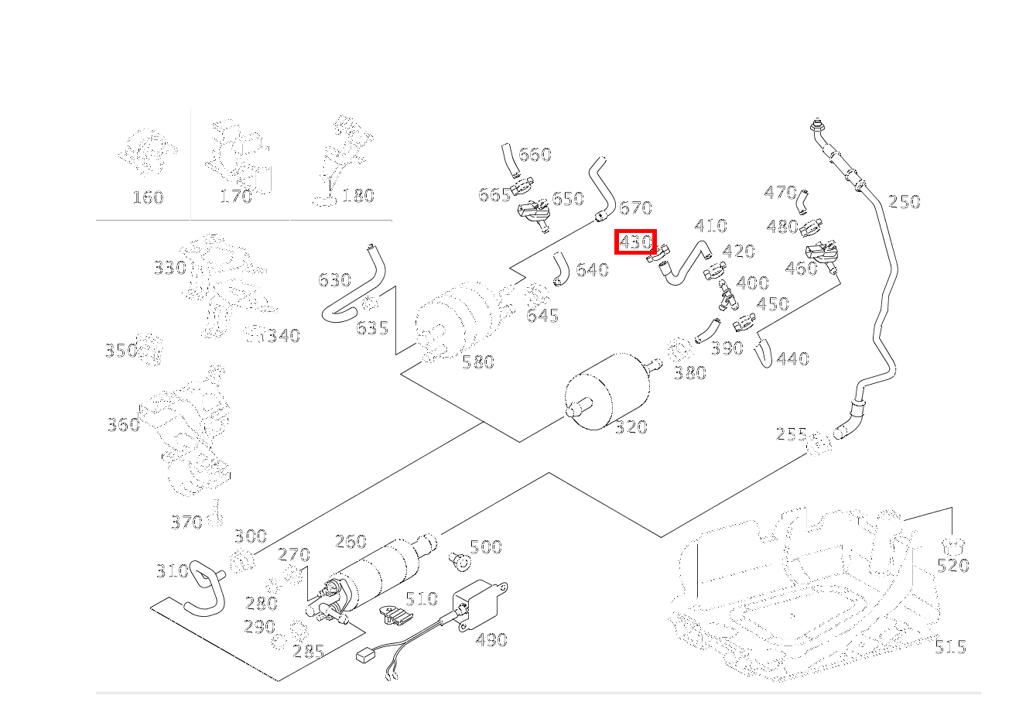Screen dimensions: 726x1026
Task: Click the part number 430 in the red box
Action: pos(635,242)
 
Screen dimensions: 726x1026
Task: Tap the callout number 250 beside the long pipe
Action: pos(904,202)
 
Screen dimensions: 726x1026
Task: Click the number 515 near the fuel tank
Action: pos(949,646)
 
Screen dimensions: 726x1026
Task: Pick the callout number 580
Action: pos(477,361)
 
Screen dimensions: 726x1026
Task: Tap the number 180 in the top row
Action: pos(357,196)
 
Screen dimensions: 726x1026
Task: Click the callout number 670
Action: pos(635,208)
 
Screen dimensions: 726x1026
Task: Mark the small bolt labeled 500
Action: pos(459,559)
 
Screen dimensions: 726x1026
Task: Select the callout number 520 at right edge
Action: pos(952,566)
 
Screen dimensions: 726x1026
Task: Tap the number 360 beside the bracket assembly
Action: pos(123,424)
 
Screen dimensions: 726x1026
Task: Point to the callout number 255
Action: pos(791,434)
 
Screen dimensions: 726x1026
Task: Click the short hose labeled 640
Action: pos(559,269)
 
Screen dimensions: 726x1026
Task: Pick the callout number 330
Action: pos(169,268)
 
